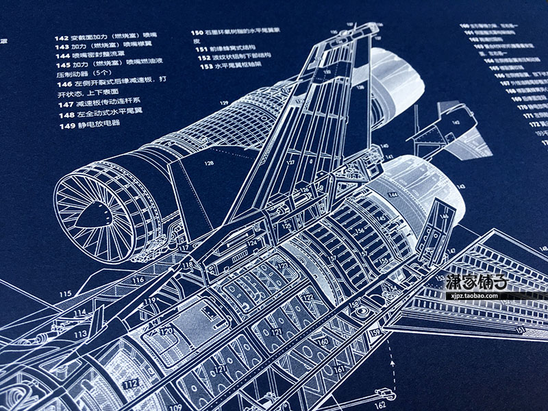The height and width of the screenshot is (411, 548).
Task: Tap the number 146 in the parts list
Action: [64, 79]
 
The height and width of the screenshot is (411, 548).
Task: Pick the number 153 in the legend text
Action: [203, 66]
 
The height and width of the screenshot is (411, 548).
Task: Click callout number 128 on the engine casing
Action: [208, 163]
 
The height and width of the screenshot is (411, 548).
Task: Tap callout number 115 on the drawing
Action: [65, 294]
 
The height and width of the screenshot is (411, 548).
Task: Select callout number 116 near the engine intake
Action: [138, 279]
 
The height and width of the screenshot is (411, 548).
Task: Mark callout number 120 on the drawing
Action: [166, 330]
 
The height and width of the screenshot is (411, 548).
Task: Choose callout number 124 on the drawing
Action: [251, 243]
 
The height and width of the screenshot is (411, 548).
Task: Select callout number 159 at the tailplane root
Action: [375, 333]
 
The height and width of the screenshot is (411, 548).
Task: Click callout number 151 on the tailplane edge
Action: [522, 330]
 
